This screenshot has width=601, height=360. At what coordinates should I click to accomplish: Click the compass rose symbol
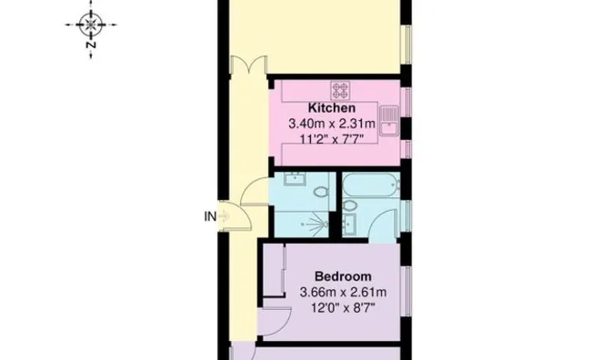coord(91,25)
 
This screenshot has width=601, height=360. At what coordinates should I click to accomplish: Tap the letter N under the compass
coord(91,45)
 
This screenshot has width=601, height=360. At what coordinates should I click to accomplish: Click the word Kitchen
coord(332,108)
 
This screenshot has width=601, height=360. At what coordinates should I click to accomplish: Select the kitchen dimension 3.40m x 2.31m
coord(332,124)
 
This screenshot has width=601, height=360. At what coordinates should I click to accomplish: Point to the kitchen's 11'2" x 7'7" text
coord(331,138)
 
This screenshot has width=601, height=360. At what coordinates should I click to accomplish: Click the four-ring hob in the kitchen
coord(340,91)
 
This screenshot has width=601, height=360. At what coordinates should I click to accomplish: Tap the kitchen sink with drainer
coord(389,121)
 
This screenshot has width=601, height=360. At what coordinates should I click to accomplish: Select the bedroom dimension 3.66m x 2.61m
coord(343,293)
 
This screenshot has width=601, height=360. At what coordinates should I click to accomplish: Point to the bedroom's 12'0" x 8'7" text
coord(343,307)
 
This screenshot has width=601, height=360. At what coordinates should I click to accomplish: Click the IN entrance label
coord(210,216)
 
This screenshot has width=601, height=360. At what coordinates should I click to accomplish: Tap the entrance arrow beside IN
coord(225,216)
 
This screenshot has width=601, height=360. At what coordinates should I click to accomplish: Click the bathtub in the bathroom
coord(371,185)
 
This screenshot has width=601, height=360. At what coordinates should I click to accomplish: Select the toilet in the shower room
coord(321,191)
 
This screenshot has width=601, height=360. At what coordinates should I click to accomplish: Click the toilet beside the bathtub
coord(349,205)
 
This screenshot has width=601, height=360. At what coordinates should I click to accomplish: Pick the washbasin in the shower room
coord(295,179)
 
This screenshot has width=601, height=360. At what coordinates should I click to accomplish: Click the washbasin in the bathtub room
coord(349,224)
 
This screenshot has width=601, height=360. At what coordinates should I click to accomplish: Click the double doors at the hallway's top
coord(248,65)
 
